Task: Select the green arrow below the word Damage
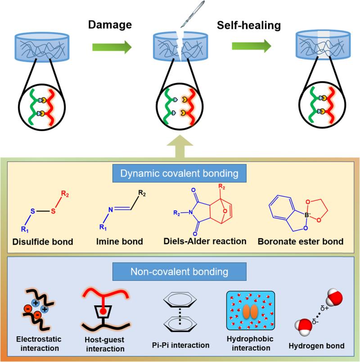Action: [112, 47]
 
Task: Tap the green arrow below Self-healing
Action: [252, 46]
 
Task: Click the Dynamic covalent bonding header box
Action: [179, 173]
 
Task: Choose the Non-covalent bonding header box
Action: [179, 271]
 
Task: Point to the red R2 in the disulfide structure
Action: [65, 194]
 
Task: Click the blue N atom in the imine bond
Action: [111, 209]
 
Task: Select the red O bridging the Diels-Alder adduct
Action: [225, 211]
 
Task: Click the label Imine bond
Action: [120, 241]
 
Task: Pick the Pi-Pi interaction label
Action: [181, 345]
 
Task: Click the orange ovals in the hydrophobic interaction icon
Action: [250, 312]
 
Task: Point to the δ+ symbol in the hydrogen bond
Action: [324, 308]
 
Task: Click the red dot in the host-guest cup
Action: [103, 312]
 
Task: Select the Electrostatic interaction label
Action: [39, 344]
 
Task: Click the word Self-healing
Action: [249, 25]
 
